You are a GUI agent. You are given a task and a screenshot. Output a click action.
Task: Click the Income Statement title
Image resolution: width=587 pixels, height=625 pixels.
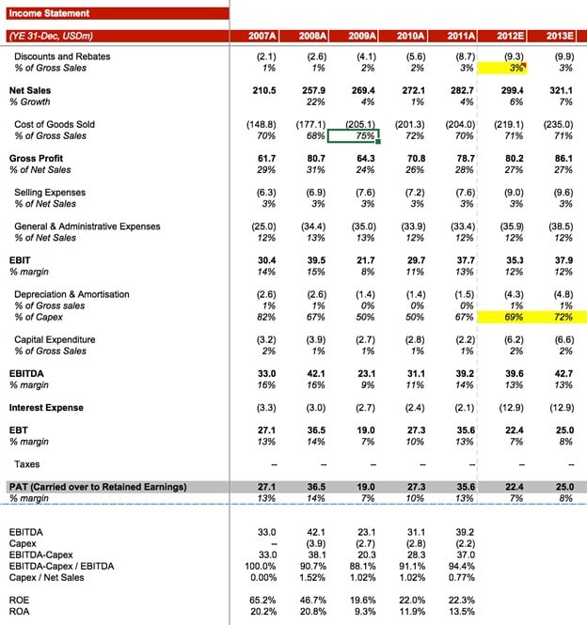tap(50, 13)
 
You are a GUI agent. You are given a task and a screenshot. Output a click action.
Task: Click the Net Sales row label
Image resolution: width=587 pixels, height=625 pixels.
tap(30, 90)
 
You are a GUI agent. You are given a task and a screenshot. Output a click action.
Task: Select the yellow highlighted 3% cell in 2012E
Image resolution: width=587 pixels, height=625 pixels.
tap(502, 68)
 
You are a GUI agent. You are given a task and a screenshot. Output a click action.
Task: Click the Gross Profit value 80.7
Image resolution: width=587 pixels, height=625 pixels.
tap(312, 159)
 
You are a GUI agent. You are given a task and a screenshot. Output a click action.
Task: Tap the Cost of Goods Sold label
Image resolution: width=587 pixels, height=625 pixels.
tap(55, 124)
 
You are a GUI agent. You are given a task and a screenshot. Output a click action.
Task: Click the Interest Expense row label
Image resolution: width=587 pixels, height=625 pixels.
tap(46, 408)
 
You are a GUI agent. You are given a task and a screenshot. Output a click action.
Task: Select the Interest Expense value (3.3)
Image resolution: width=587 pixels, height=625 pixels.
tap(265, 408)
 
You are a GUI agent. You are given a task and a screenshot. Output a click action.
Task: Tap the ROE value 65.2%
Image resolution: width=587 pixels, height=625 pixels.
tap(262, 599)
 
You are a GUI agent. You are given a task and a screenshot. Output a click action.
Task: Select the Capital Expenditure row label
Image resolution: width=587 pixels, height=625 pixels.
tap(55, 339)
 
